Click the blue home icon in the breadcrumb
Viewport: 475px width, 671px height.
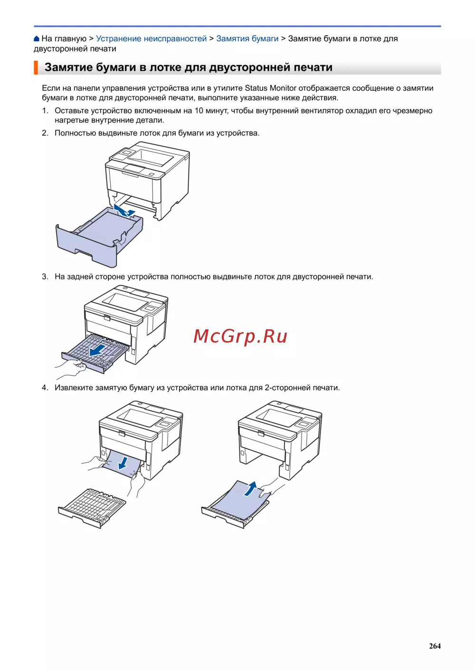tap(37, 38)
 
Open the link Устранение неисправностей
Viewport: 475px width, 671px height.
tap(152, 38)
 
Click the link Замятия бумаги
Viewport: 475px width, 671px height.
tap(247, 38)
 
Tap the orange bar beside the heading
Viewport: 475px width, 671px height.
tap(36, 67)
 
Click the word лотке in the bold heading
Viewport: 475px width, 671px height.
tap(165, 67)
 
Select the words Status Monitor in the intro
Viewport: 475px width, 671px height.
tap(270, 88)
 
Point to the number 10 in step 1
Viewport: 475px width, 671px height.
tap(199, 111)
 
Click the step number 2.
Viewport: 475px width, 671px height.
tap(45, 133)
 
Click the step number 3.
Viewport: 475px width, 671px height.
tap(45, 277)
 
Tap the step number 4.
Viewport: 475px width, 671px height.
tap(45, 388)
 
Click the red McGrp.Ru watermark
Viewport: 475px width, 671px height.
tap(240, 336)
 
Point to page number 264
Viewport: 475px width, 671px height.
tap(435, 646)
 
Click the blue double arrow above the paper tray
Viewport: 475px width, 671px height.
tap(124, 210)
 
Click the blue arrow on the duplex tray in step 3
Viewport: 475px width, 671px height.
tap(98, 350)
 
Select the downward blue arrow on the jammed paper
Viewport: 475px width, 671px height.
tap(123, 463)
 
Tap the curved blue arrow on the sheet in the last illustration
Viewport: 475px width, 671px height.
tap(251, 489)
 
